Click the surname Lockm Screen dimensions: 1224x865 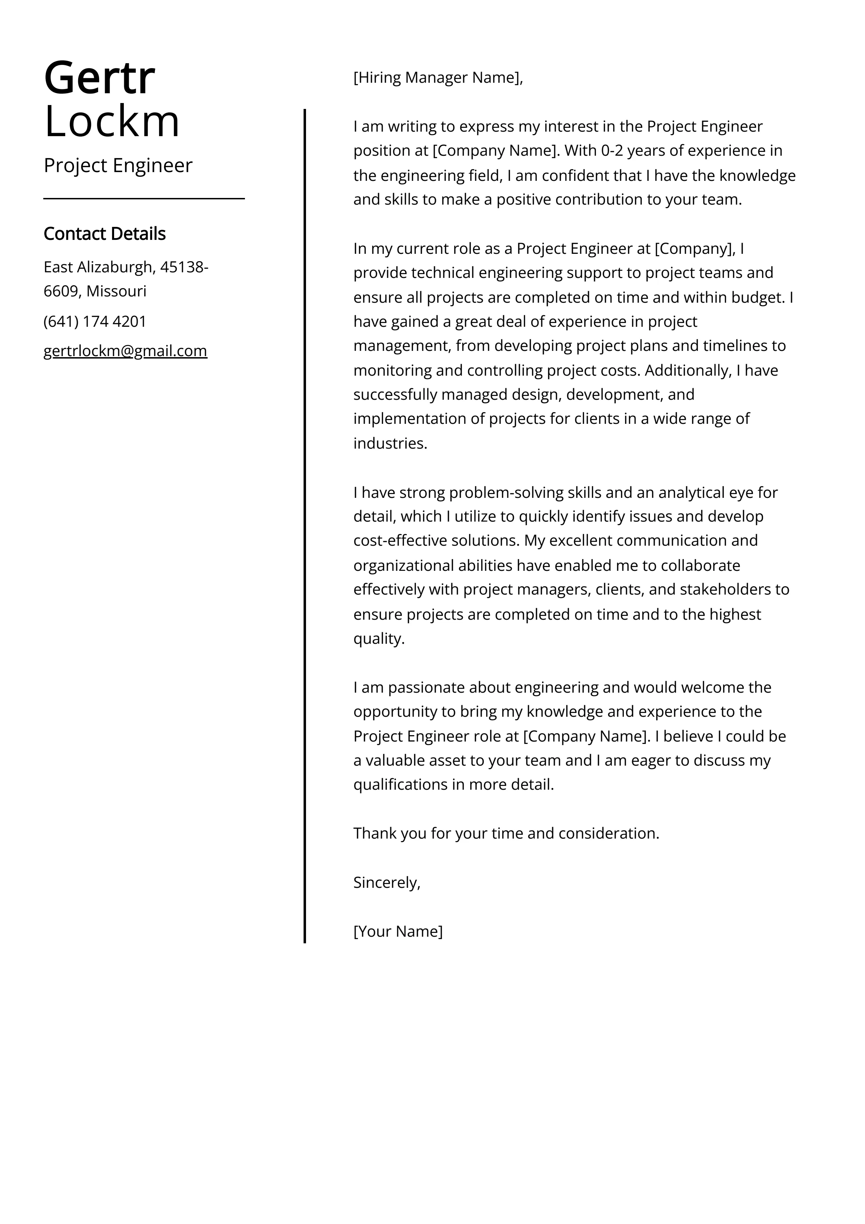coord(112,121)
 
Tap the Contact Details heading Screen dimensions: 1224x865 coord(104,234)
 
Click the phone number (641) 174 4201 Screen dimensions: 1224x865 coord(95,322)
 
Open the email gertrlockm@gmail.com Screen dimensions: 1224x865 coord(125,351)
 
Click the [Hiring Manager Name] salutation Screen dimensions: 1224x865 coord(438,78)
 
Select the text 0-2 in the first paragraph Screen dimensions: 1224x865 coord(612,151)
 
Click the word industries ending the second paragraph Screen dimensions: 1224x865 coord(390,443)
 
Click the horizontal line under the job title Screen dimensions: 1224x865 coord(144,199)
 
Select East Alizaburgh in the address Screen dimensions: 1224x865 coord(98,267)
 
